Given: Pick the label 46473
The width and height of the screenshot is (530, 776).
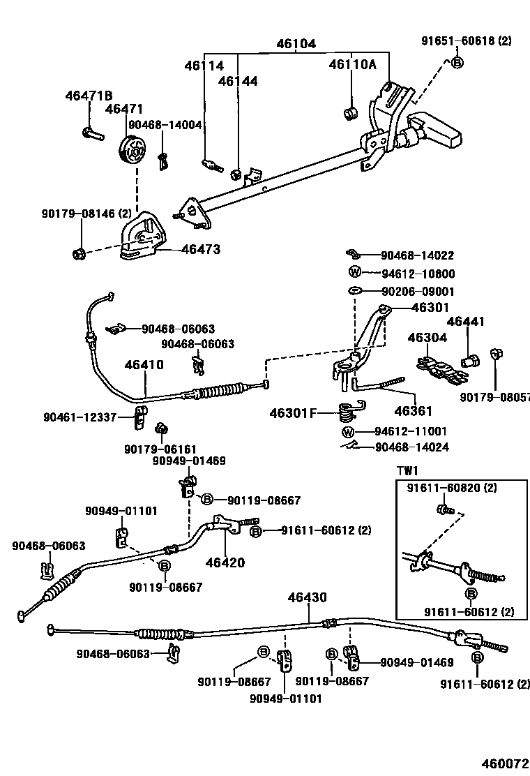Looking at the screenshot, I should click(201, 248).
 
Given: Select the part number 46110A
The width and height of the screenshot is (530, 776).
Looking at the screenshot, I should click(352, 65).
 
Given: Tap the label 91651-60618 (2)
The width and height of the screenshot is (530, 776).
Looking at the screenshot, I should click(466, 41).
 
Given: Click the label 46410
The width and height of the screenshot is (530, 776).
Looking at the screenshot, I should click(144, 364).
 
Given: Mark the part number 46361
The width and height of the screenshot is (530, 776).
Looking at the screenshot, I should click(414, 411).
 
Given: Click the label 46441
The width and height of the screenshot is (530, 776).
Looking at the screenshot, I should click(465, 322).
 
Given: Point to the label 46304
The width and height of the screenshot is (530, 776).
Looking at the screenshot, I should click(427, 338).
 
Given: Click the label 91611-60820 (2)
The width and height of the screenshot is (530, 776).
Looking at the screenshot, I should click(452, 488).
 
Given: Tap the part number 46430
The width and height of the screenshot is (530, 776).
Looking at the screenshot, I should click(307, 597).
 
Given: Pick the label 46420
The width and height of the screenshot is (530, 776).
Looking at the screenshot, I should click(225, 562).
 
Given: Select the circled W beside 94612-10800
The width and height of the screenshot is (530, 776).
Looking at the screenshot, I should click(354, 274).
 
